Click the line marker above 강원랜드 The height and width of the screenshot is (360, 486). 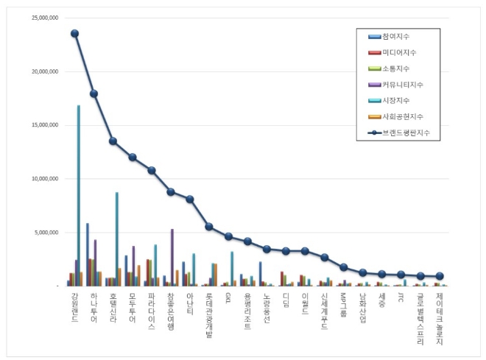click(x=74, y=33)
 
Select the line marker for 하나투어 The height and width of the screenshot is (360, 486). click(x=94, y=93)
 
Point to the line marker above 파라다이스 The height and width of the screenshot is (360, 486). click(x=151, y=170)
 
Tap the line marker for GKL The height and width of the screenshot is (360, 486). click(x=228, y=236)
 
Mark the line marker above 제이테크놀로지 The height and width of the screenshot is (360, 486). click(x=440, y=276)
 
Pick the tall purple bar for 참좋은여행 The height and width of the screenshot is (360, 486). click(x=172, y=257)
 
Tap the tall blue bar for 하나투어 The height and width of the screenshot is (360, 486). click(x=87, y=254)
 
